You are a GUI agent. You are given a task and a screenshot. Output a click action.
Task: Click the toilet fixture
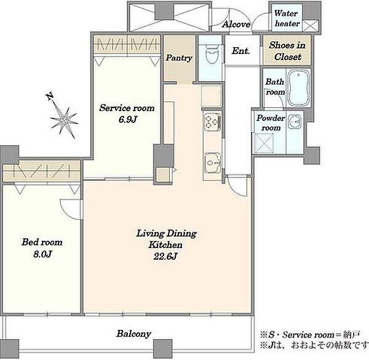tap(212, 54)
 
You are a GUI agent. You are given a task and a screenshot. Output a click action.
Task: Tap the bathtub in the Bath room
tap(298, 87)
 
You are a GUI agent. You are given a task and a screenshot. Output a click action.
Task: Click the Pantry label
tap(179, 58)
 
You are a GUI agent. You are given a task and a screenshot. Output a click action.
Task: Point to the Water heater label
tap(287, 18)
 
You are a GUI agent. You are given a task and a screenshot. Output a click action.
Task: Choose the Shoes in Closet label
tap(287, 51)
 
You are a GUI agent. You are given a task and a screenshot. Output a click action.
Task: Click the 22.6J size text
tap(165, 256)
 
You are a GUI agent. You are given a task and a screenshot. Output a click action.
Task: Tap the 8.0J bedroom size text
tap(42, 254)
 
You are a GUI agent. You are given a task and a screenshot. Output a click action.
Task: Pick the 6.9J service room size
tap(127, 120)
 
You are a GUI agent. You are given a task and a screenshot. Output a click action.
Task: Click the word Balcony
tap(133, 334)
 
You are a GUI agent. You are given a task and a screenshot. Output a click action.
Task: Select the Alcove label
tap(236, 24)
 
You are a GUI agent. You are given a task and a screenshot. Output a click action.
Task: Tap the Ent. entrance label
tap(240, 51)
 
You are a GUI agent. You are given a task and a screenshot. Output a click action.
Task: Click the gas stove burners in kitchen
tap(212, 122)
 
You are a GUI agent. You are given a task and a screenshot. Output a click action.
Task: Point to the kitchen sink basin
tap(212, 163)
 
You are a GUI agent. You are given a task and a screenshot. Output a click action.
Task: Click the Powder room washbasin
tap(295, 122)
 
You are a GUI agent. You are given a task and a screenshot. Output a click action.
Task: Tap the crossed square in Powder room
tap(263, 143)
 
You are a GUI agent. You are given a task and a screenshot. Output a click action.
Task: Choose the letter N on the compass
tap(49, 96)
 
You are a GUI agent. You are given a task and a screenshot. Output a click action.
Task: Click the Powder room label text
tap(271, 122)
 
